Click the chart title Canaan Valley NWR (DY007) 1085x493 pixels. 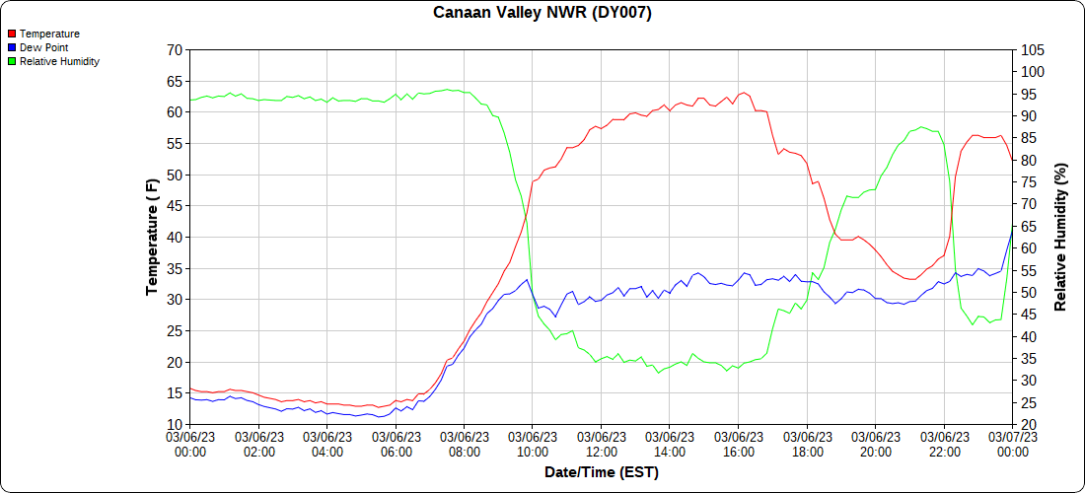tap(542, 13)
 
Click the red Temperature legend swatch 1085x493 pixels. tap(12, 34)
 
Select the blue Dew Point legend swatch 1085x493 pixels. tap(12, 47)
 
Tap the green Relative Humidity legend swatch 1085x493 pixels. tap(12, 61)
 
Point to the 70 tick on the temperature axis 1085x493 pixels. tap(175, 49)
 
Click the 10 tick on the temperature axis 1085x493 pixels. tap(175, 424)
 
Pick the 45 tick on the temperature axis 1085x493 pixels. tap(175, 205)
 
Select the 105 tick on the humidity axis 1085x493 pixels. tap(1032, 49)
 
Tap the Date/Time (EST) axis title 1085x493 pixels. tap(602, 472)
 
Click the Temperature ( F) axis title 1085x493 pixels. tap(152, 237)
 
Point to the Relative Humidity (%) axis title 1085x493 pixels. tap(1061, 237)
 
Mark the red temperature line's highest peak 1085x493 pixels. tap(745, 93)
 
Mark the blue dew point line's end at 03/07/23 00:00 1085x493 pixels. tap(1012, 231)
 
